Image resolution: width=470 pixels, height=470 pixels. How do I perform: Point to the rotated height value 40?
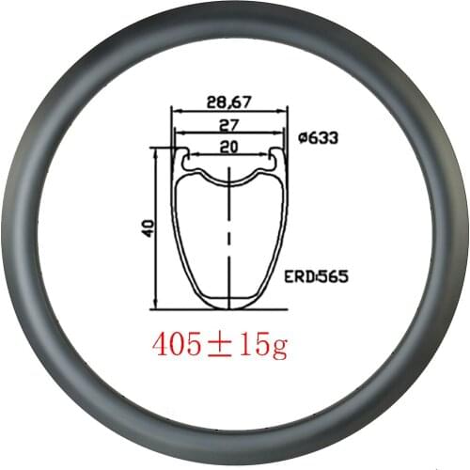click(x=148, y=227)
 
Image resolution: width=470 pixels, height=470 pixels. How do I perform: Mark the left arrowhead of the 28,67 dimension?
click(x=174, y=110)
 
